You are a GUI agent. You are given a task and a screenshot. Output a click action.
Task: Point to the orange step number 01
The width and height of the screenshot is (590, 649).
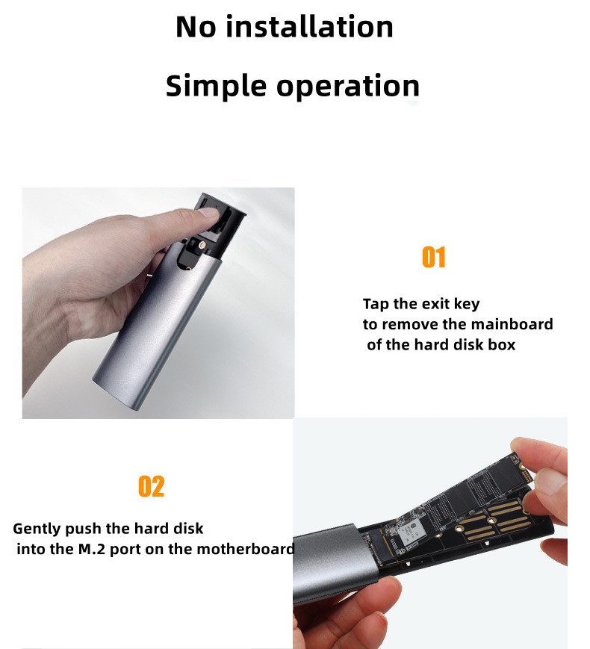[x=434, y=257]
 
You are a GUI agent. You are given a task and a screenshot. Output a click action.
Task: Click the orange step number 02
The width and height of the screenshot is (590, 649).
[x=151, y=486]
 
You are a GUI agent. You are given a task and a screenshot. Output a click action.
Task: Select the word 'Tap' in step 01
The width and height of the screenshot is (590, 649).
[x=376, y=304]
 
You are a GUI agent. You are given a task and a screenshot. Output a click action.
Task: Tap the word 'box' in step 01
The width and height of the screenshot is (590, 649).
[x=502, y=345]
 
